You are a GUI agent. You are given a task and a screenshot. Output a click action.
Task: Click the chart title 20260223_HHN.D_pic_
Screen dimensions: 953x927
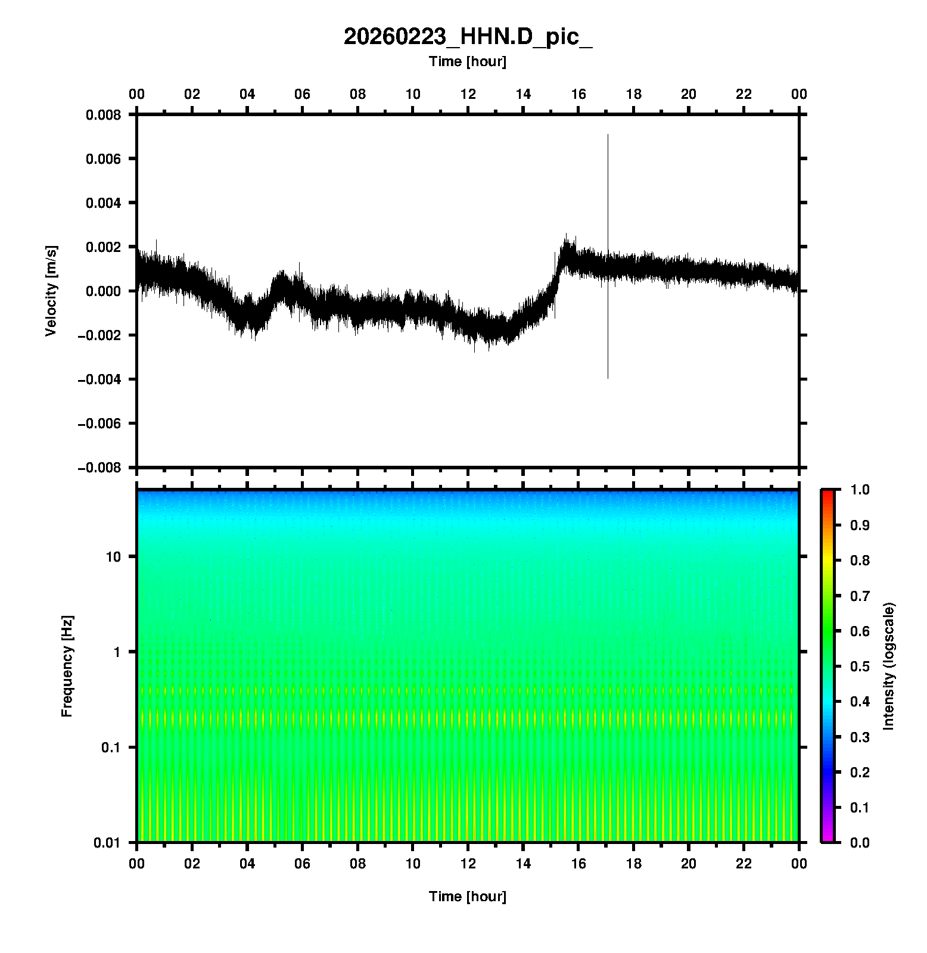click(x=468, y=37)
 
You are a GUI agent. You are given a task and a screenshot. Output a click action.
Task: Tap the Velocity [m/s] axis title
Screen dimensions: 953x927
click(x=51, y=291)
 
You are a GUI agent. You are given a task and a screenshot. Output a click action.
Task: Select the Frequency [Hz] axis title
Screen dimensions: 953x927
click(x=67, y=666)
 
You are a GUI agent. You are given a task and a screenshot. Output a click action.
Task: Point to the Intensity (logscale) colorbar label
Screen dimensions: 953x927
click(x=889, y=666)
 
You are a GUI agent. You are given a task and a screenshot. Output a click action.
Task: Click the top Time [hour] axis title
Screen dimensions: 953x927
click(x=468, y=61)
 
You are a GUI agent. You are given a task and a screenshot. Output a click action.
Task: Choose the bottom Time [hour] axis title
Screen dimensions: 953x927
click(x=468, y=896)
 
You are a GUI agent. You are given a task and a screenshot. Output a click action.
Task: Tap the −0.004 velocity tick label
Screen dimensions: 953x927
click(x=99, y=379)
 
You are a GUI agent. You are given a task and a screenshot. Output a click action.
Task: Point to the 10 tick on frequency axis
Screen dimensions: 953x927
click(x=113, y=557)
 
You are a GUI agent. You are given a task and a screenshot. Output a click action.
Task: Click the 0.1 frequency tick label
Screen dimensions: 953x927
click(x=111, y=748)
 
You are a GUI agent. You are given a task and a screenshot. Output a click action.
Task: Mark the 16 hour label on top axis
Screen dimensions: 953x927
click(x=578, y=94)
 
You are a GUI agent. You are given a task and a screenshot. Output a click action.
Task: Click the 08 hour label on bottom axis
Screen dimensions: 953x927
click(x=357, y=864)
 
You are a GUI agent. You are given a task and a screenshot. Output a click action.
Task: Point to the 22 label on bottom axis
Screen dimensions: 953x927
click(x=744, y=864)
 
